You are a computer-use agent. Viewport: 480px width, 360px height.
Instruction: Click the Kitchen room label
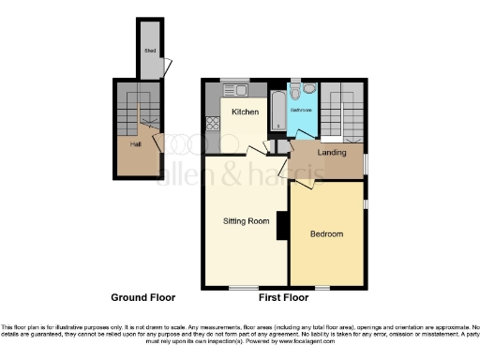click(246, 112)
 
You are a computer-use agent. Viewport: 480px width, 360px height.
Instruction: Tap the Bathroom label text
click(302, 111)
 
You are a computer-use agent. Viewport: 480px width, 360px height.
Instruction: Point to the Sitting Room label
click(246, 221)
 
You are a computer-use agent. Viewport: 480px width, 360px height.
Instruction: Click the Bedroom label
click(326, 233)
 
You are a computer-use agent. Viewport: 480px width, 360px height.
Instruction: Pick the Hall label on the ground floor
click(136, 144)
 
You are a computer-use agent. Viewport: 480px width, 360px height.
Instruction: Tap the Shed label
click(148, 52)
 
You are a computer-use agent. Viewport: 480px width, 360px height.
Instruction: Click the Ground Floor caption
click(143, 297)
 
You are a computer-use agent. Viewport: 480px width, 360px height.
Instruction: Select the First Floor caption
click(283, 297)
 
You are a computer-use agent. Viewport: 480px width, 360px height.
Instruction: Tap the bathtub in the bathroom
click(277, 111)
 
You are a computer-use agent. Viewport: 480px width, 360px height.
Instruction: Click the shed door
click(168, 68)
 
